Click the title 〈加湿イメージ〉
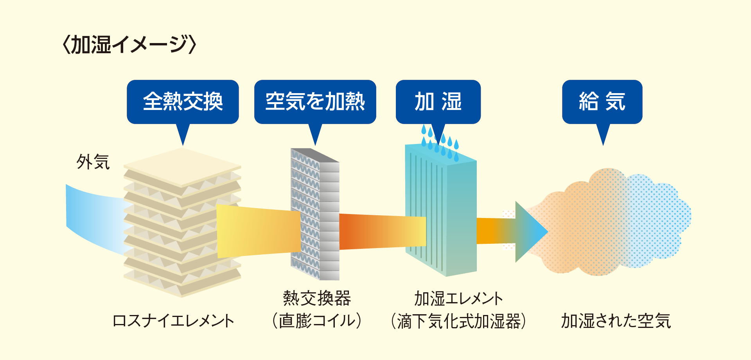coord(129,45)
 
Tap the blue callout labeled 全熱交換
coord(183,102)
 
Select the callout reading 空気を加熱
coord(315,102)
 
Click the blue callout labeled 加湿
coord(438,102)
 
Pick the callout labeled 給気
coord(602,102)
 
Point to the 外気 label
coord(93,162)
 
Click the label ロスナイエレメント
coord(173,321)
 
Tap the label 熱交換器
coord(317,299)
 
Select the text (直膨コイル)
coord(317,321)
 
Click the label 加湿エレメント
coord(458,299)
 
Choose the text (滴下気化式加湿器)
coord(458,321)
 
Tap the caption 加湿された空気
coord(616,321)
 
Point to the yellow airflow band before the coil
coord(258,231)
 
